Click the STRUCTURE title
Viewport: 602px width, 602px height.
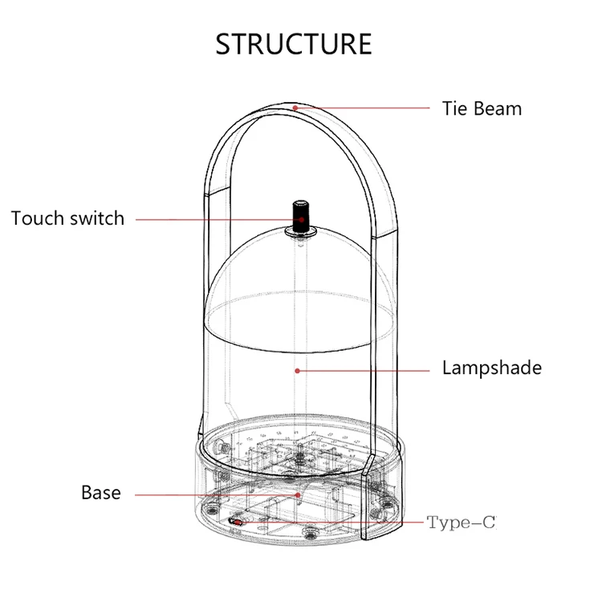294,44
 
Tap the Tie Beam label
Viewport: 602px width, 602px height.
482,108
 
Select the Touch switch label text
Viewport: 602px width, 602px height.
67,218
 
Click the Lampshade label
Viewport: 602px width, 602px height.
492,368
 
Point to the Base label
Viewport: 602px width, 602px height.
101,493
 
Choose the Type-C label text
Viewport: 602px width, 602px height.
461,523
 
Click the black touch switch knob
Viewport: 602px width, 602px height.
301,216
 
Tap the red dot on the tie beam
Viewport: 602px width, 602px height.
295,108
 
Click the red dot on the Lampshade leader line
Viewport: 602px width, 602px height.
297,371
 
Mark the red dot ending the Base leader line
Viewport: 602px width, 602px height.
298,495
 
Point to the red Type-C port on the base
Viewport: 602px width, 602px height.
236,522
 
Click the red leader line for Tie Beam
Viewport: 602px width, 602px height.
362,108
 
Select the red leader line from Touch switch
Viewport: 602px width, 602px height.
219,220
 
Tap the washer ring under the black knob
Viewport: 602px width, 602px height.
301,231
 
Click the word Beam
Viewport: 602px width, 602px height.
498,108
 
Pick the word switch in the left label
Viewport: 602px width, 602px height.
97,218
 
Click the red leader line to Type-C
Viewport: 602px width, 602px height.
331,523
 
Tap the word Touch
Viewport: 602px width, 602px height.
39,218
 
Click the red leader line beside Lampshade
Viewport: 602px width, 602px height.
363,371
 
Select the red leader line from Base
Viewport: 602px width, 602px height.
217,495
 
